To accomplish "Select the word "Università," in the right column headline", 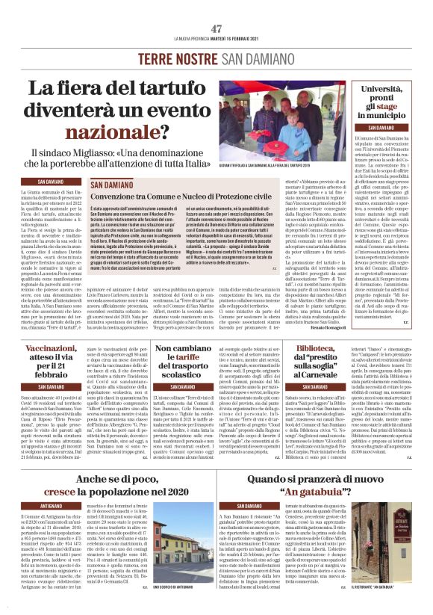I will click(x=392, y=90).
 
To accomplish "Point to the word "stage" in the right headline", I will click(x=397, y=108).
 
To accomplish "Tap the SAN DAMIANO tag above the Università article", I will click(x=391, y=128).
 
